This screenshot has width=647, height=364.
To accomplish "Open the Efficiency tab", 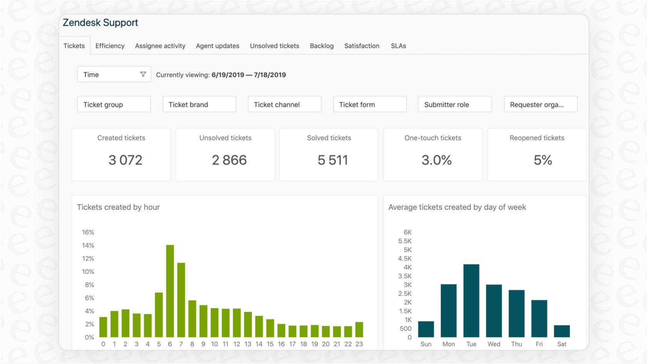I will click(x=110, y=46).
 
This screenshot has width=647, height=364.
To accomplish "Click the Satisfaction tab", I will click(x=362, y=46).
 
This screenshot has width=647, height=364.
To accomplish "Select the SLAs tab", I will click(x=398, y=46).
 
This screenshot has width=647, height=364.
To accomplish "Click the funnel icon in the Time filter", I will click(x=143, y=74).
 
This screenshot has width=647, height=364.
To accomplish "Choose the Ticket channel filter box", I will click(x=284, y=104).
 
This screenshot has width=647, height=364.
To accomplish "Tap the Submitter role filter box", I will click(x=454, y=104).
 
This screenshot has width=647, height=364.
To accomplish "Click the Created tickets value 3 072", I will click(x=125, y=160).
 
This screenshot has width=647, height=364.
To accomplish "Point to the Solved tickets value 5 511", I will click(x=333, y=160).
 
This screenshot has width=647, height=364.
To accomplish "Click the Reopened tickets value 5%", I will click(x=543, y=160).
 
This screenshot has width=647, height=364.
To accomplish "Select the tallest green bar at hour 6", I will click(x=170, y=291).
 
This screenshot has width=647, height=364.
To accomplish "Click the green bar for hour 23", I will click(x=359, y=329).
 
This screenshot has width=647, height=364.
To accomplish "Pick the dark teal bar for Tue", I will click(x=471, y=300).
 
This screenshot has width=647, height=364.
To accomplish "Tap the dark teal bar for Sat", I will click(x=562, y=331).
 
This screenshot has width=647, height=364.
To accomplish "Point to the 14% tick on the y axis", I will click(x=88, y=245).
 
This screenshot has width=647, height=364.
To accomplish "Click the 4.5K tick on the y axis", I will click(x=405, y=258).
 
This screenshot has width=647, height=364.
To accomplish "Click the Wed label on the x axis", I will click(x=494, y=344).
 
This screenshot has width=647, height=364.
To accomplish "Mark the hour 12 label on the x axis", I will click(x=236, y=344).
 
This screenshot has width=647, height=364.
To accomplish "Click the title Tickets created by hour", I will click(x=118, y=207).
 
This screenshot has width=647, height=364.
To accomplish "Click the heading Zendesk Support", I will click(x=100, y=23).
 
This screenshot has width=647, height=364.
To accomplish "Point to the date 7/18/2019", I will click(x=270, y=75).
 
